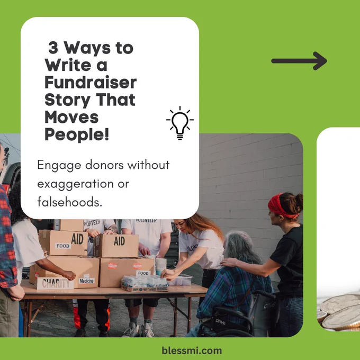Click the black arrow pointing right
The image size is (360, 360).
[299, 61]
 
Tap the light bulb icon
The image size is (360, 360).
[180, 123]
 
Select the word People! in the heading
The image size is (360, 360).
[77, 134]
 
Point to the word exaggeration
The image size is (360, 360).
[76, 184]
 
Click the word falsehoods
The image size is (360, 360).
[69, 202]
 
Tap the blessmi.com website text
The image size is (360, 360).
[192, 350]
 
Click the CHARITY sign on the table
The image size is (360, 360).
[56, 283]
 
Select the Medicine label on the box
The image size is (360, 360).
[86, 281]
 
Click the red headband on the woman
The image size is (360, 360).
[281, 206]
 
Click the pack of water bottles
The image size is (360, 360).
[145, 284]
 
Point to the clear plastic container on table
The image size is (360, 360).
[182, 280]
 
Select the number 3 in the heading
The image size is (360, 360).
[53, 48]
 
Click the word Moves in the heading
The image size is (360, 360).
[71, 117]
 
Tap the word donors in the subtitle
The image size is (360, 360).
[105, 165]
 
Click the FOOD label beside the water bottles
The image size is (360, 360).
[143, 273]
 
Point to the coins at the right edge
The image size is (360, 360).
[338, 312]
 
